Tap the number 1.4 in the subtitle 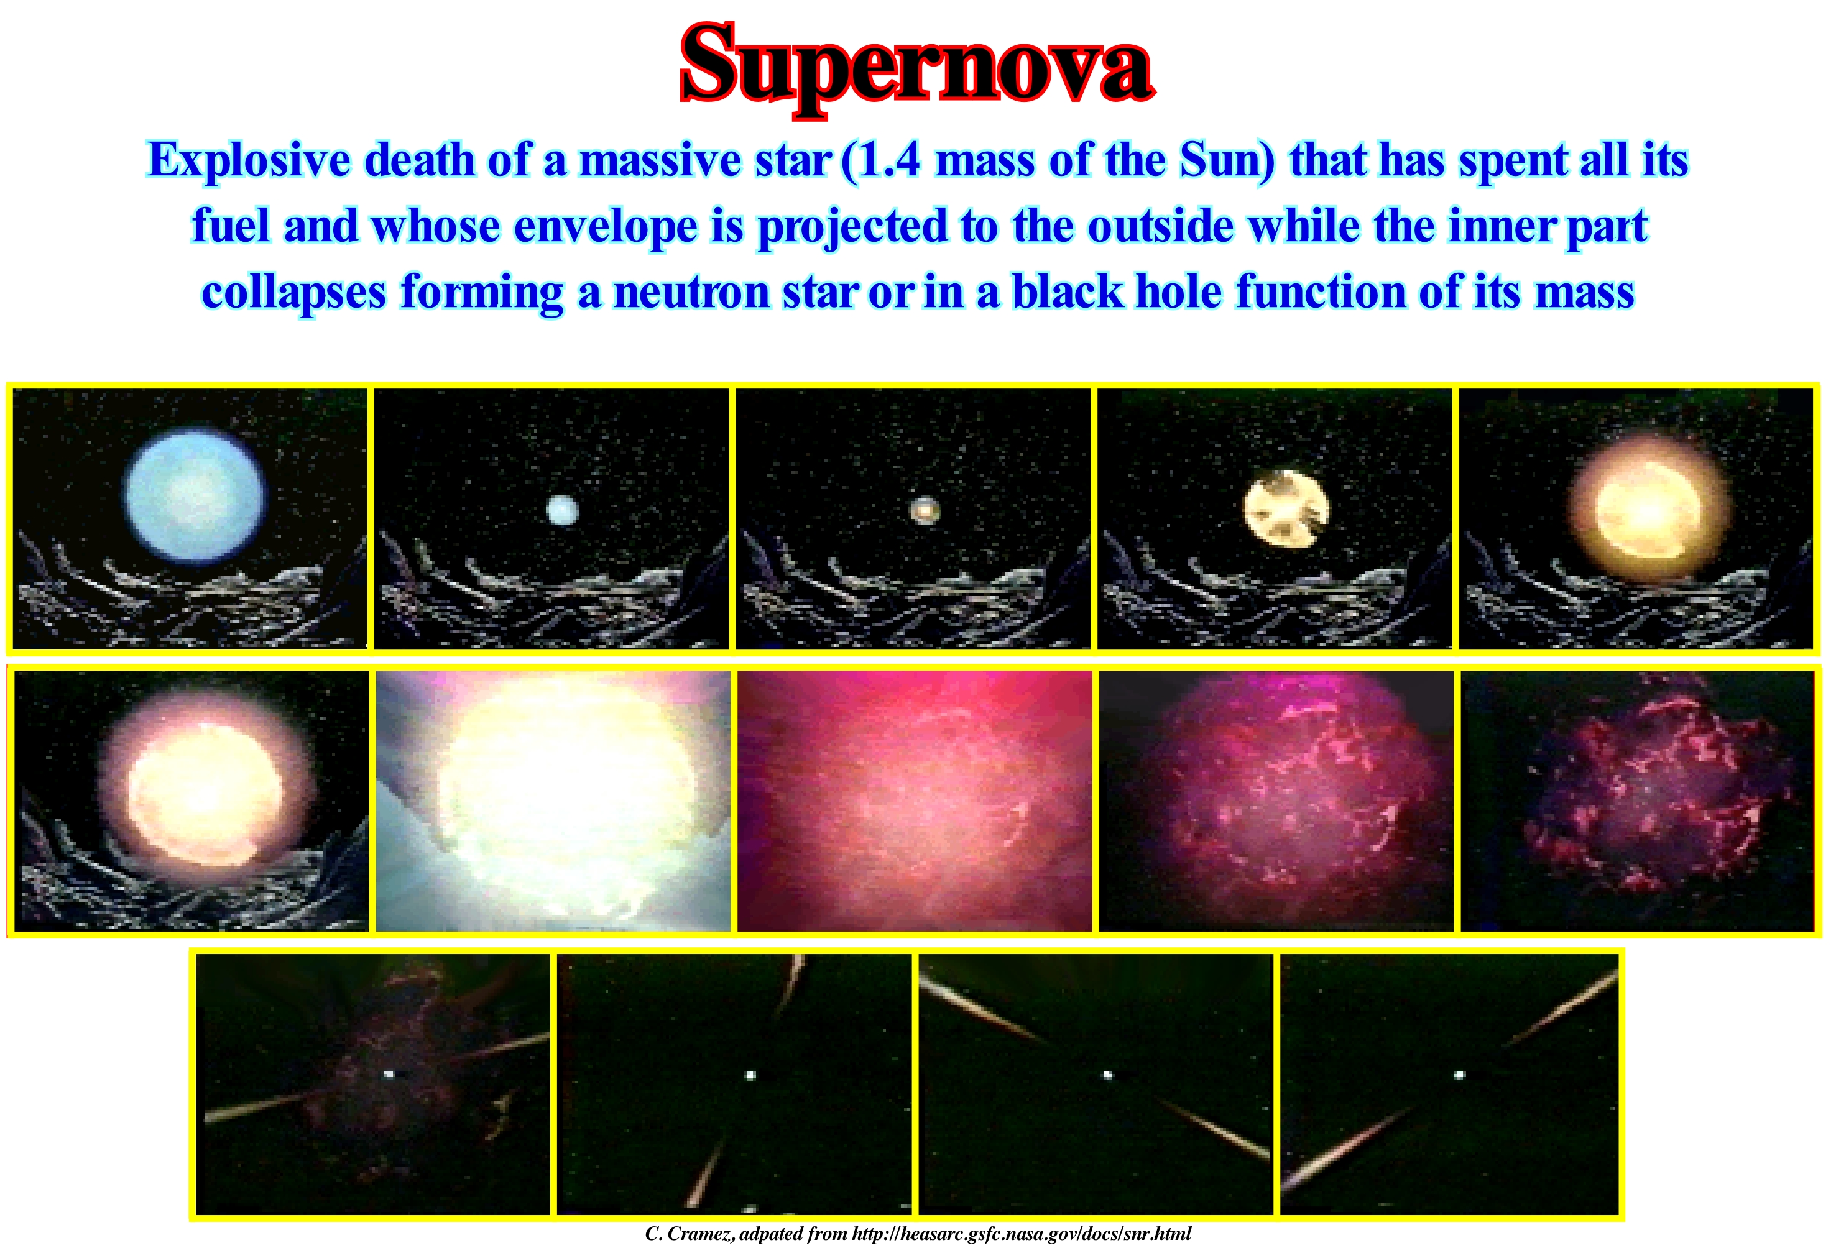tap(888, 160)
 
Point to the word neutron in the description tap(691, 292)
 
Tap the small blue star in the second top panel tap(561, 511)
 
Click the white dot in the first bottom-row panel tap(389, 1073)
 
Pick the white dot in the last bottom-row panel tap(1460, 1074)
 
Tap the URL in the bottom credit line tap(1022, 1234)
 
